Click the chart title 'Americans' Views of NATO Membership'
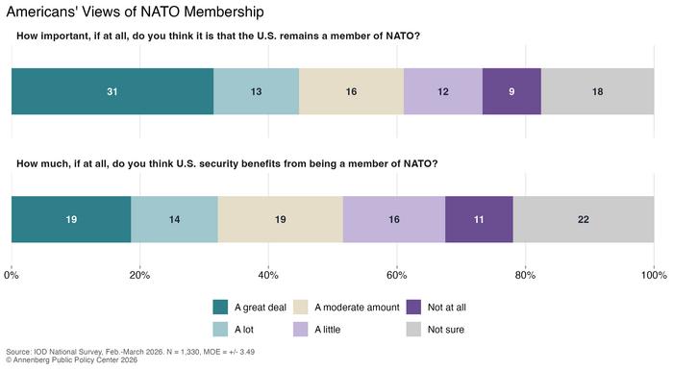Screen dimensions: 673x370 pyautogui.click(x=135, y=12)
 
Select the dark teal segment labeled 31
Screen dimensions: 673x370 pyautogui.click(x=112, y=91)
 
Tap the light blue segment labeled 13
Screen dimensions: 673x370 pyautogui.click(x=257, y=91)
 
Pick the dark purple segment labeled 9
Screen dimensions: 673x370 pyautogui.click(x=511, y=91)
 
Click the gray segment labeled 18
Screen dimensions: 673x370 pyautogui.click(x=597, y=91)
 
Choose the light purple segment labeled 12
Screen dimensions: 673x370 pyautogui.click(x=443, y=91)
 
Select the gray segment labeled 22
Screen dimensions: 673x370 pyautogui.click(x=584, y=219)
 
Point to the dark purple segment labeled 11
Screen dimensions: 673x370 pyautogui.click(x=479, y=219)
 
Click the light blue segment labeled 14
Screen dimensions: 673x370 pyautogui.click(x=174, y=219)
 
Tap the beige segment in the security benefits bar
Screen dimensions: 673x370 pyautogui.click(x=281, y=219)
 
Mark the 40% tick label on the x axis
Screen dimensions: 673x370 pyautogui.click(x=268, y=275)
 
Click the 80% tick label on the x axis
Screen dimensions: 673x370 pyautogui.click(x=525, y=275)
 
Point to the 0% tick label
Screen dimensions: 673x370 pyautogui.click(x=12, y=275)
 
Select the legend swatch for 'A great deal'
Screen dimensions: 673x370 pyautogui.click(x=220, y=307)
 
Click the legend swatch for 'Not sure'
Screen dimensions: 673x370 pyautogui.click(x=413, y=330)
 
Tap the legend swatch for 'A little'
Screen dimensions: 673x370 pyautogui.click(x=300, y=330)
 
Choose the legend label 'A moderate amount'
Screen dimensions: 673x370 pyautogui.click(x=357, y=308)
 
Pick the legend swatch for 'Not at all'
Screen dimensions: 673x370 pyautogui.click(x=413, y=307)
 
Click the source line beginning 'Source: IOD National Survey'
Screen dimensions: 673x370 pyautogui.click(x=130, y=352)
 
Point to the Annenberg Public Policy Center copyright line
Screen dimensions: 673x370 pyautogui.click(x=72, y=360)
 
